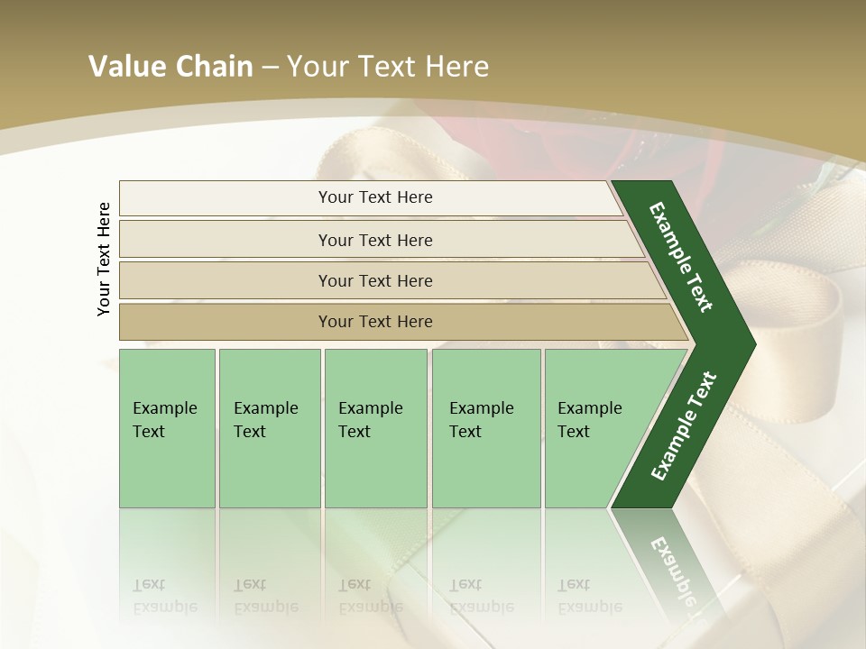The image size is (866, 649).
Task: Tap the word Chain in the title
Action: tap(213, 67)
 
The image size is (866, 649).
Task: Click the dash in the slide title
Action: tap(270, 68)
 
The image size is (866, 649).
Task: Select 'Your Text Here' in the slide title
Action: tap(388, 67)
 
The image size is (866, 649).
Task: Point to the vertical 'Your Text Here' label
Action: tap(104, 259)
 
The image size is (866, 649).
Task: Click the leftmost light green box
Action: tap(167, 428)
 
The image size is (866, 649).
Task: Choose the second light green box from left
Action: tap(270, 428)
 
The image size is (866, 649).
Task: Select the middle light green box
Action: tap(375, 428)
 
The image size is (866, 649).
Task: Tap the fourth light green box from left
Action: tap(486, 428)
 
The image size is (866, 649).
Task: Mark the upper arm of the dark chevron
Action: tap(681, 257)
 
